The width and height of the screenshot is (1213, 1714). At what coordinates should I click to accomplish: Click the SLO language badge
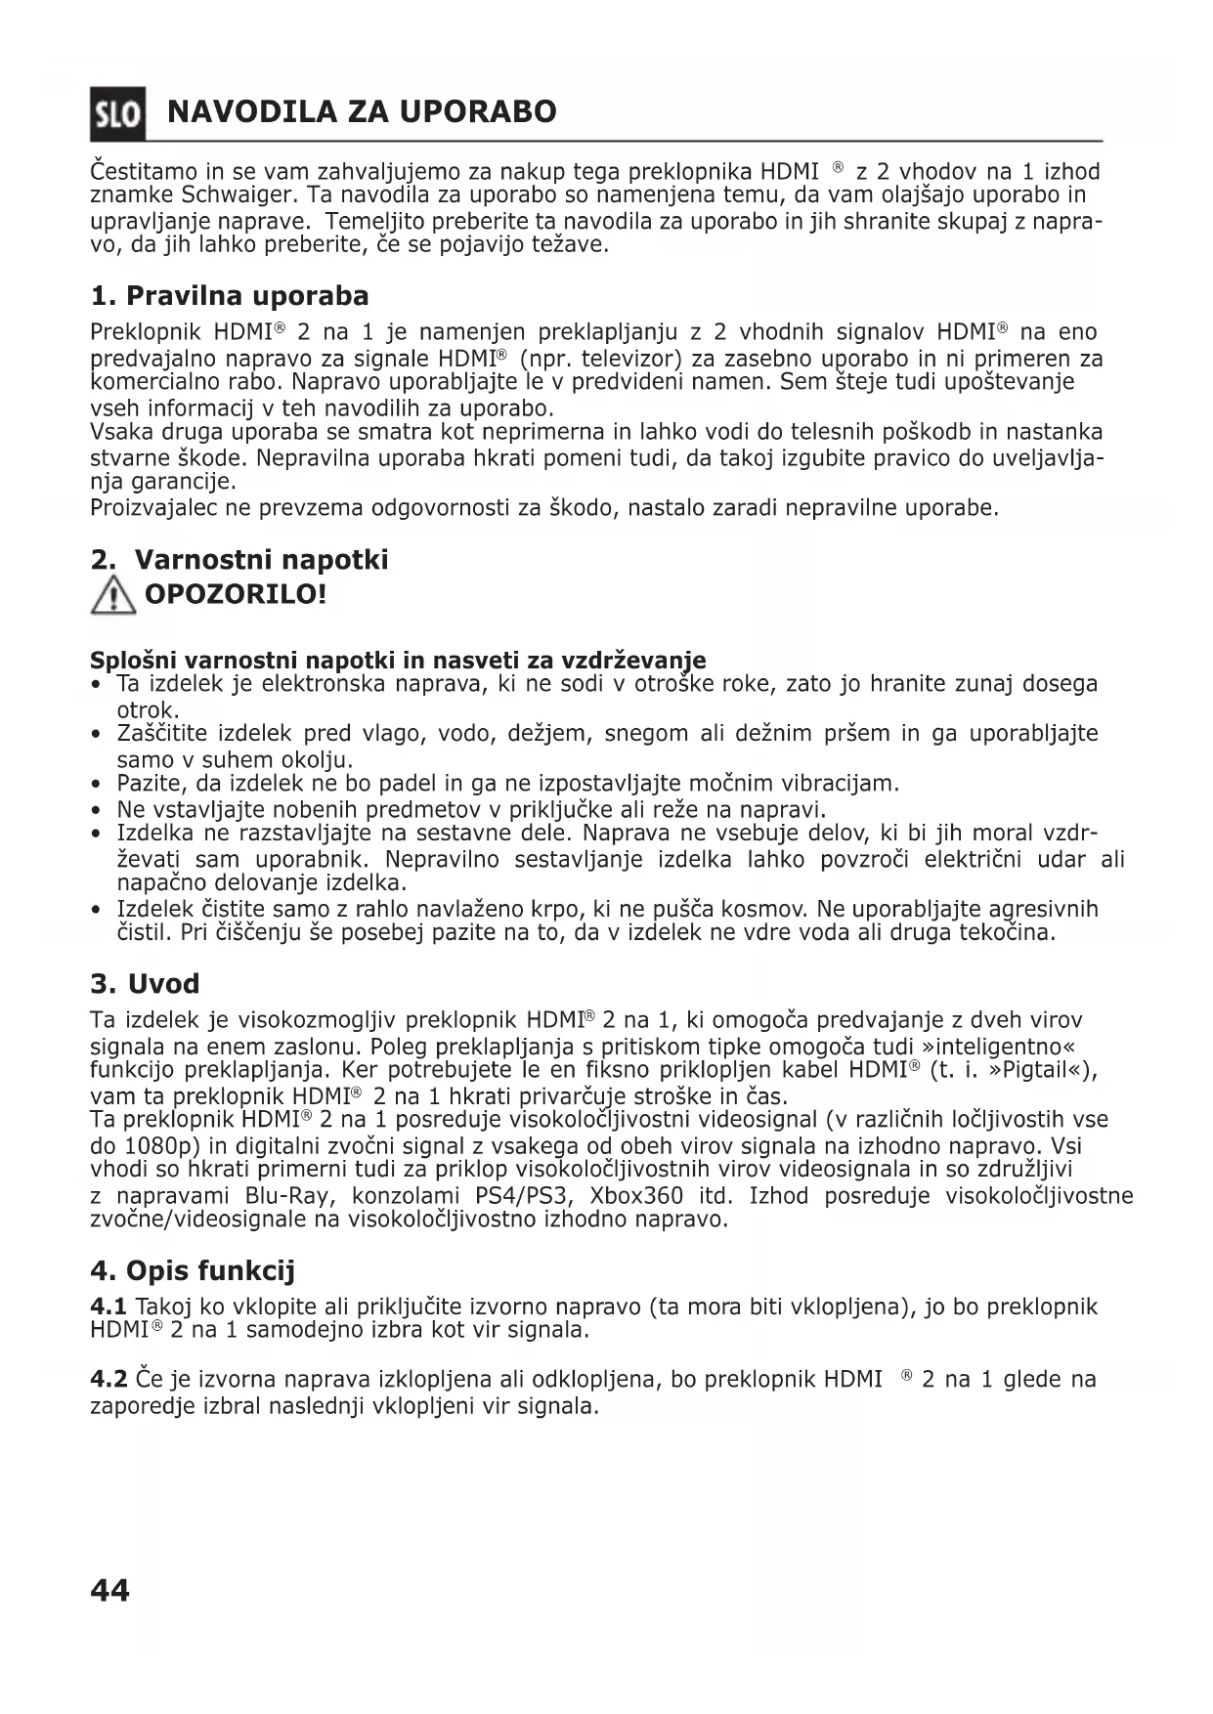pos(117,113)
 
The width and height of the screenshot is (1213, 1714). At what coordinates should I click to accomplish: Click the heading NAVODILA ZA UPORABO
pos(362,111)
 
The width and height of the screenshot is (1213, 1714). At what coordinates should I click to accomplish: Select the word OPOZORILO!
pos(235,593)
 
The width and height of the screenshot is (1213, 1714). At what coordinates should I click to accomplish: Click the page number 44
pos(109,1591)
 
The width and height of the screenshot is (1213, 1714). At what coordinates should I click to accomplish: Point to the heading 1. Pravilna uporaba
pos(229,295)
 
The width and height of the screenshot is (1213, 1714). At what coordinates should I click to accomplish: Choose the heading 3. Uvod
pos(145,983)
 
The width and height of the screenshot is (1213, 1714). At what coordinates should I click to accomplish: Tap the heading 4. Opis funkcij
pos(192,1270)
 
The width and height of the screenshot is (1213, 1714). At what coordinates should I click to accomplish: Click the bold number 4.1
pos(108,1307)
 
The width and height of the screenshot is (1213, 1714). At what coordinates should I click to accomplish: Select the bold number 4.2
pos(108,1379)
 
